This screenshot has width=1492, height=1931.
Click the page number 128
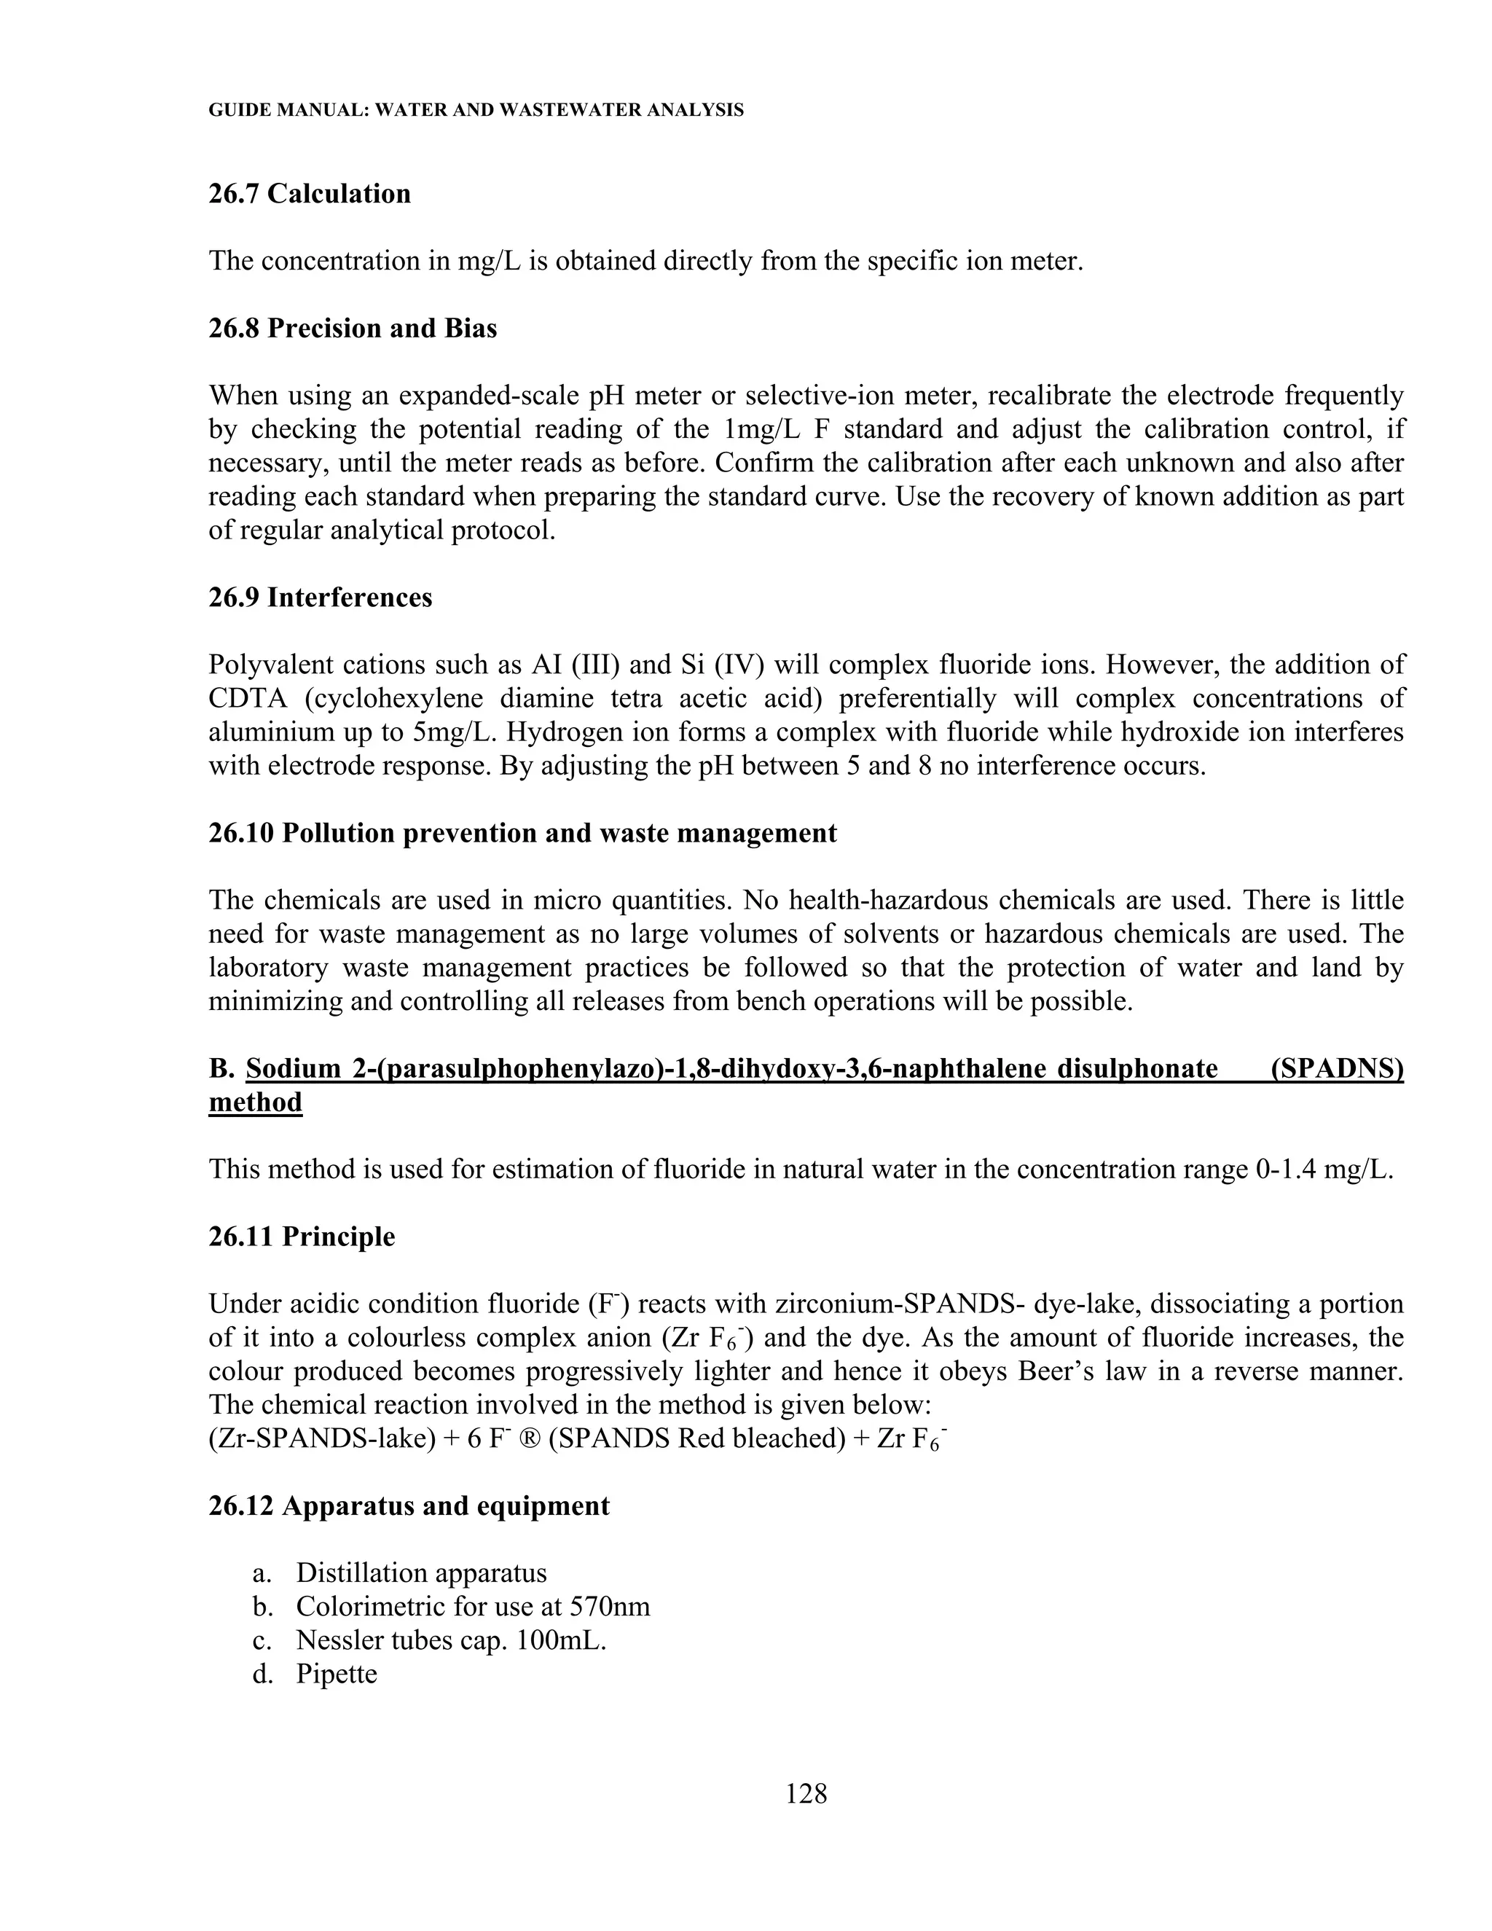point(806,1794)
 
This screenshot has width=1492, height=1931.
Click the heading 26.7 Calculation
point(310,194)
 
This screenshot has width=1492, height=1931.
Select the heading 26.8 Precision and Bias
point(353,328)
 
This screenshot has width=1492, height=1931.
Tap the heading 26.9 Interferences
point(320,598)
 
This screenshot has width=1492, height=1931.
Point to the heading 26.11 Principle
point(302,1236)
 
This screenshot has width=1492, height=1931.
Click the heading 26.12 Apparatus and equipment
point(409,1505)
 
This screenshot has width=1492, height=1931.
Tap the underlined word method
point(256,1102)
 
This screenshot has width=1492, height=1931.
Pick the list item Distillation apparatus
point(421,1573)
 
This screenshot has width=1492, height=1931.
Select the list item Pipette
point(336,1674)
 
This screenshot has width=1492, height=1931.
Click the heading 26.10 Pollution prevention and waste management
point(522,833)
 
